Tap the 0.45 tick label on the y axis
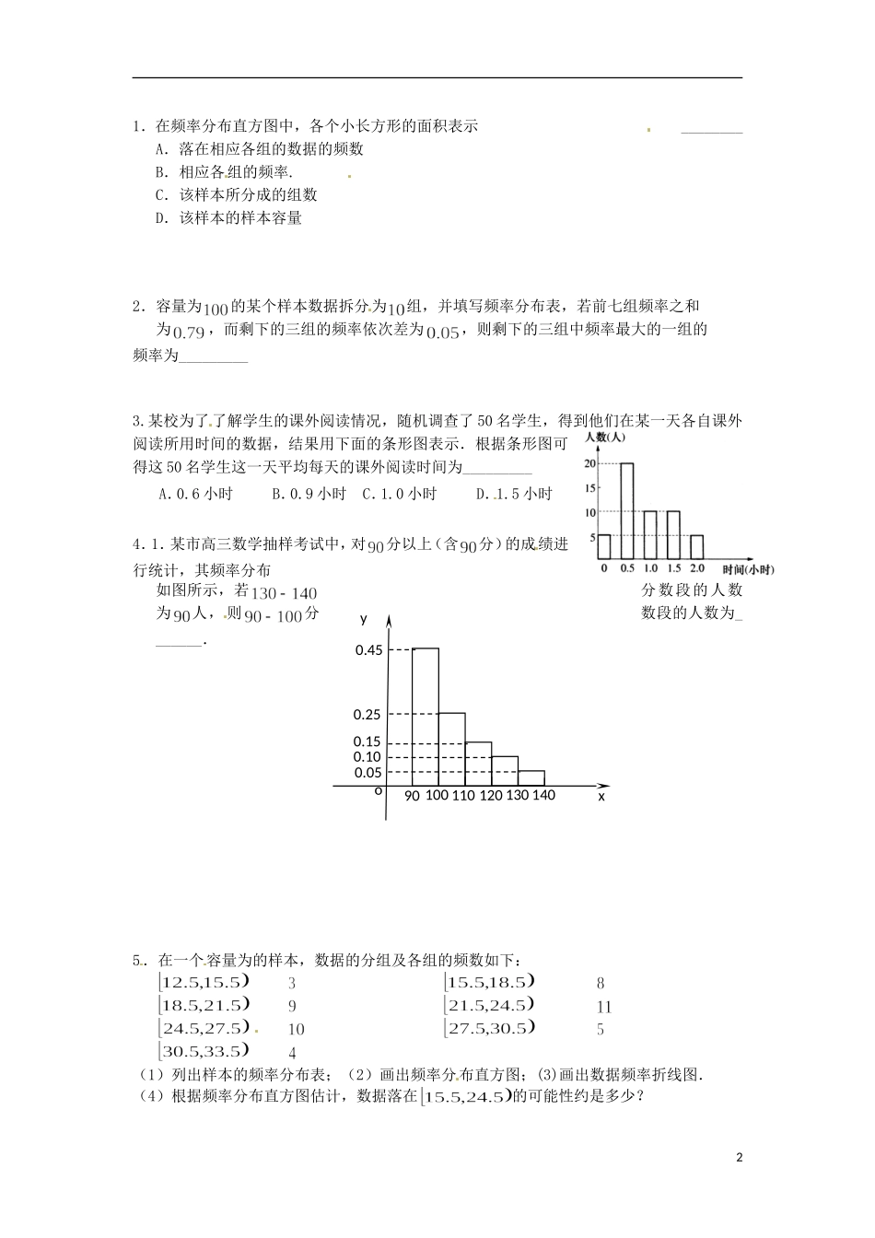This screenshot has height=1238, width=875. click(x=368, y=650)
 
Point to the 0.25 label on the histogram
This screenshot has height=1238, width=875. click(x=367, y=715)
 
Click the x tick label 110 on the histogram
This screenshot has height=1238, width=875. click(x=463, y=795)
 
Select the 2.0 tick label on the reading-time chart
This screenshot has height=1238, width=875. click(x=696, y=569)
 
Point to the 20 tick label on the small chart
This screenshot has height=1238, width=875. click(x=589, y=463)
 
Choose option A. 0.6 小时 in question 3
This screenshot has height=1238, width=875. click(x=196, y=494)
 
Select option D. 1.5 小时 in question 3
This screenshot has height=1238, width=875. click(x=514, y=494)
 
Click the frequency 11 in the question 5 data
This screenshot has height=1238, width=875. click(x=604, y=1007)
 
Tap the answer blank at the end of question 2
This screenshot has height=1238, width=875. click(x=213, y=357)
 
